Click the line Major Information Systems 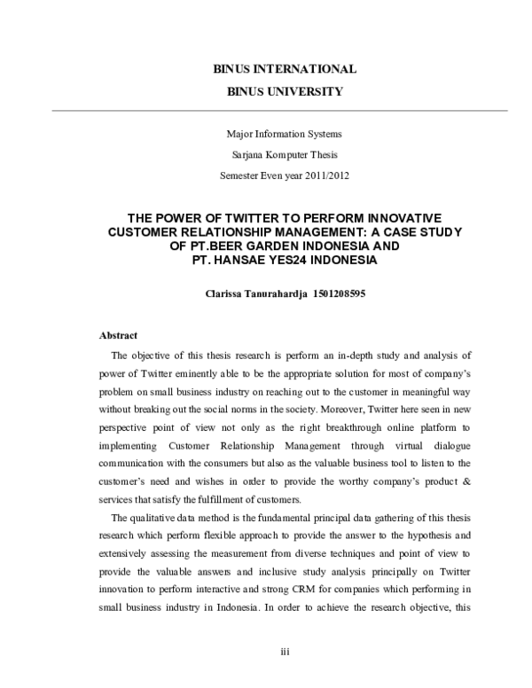point(285,134)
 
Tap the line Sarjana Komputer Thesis point(285,154)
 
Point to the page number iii point(285,652)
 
